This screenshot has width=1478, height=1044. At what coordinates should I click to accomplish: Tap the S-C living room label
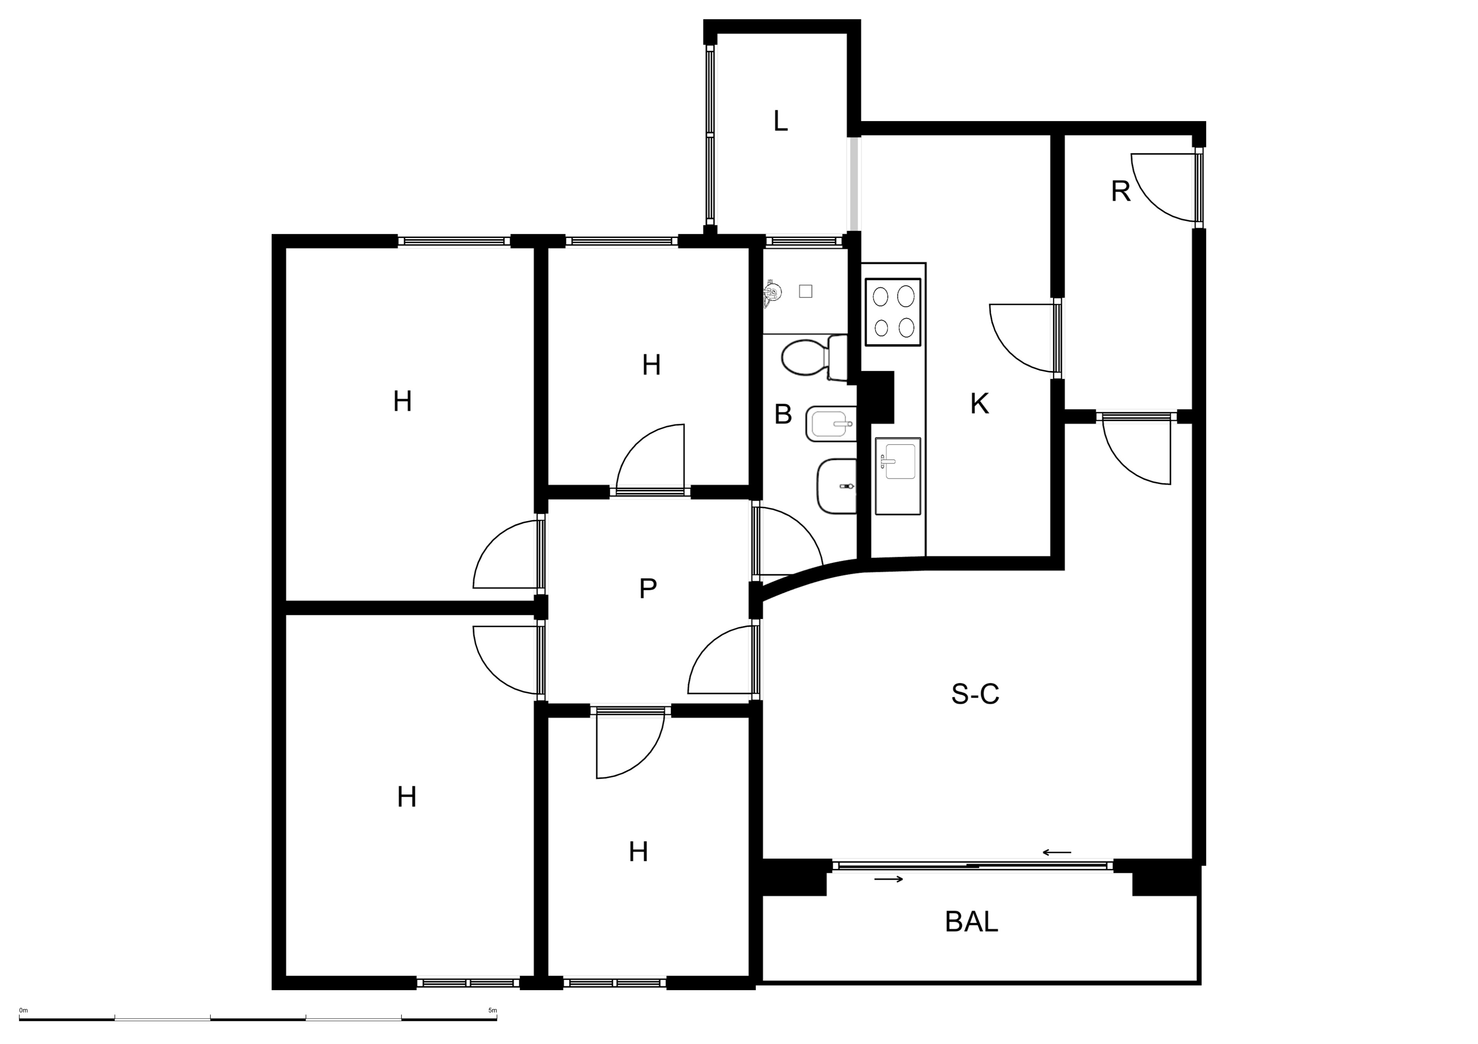tap(975, 694)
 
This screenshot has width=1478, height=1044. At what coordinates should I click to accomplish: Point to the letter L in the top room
tap(780, 121)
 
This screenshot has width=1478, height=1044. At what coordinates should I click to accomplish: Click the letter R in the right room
tap(1121, 192)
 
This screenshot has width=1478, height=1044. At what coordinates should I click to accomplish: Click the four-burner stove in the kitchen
tap(893, 311)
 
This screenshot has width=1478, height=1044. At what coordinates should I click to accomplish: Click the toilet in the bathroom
tap(814, 358)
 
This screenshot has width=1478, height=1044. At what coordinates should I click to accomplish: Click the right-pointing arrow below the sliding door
tap(889, 879)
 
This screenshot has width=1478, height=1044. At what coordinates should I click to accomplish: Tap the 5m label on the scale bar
tap(492, 1011)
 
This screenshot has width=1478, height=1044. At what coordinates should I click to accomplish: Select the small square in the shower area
tap(805, 291)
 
